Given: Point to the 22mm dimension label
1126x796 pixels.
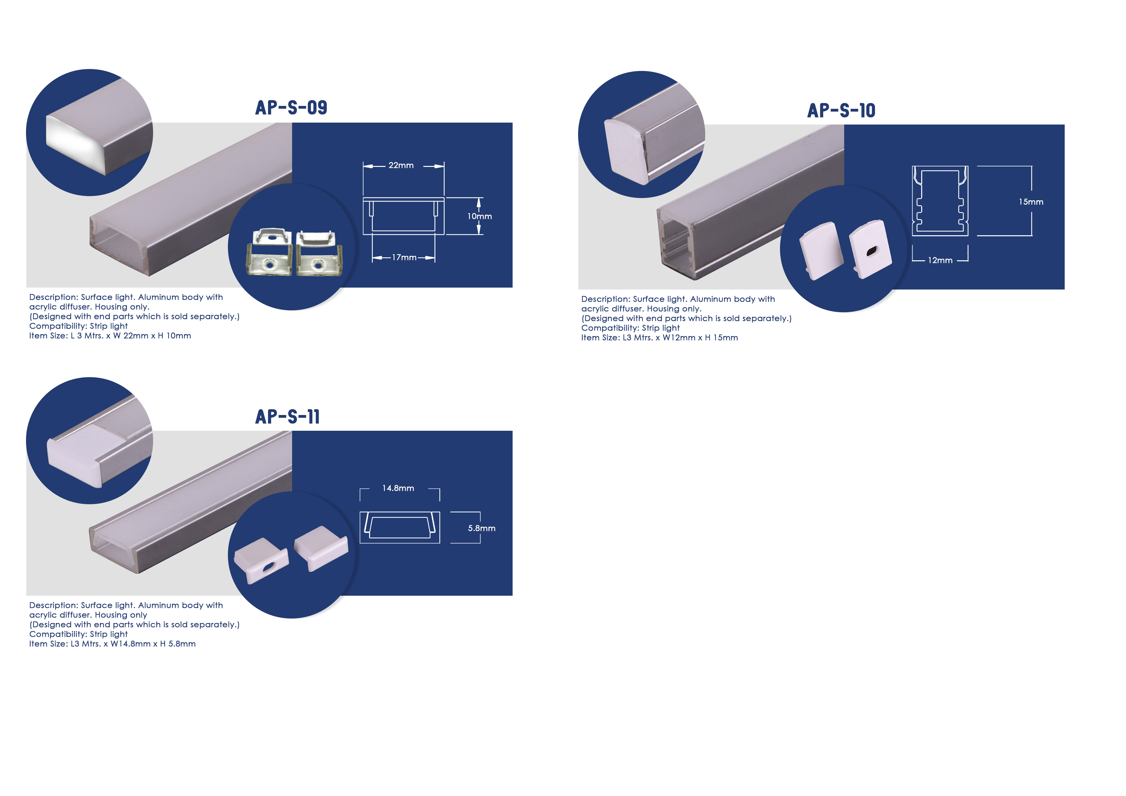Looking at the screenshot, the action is click(401, 165).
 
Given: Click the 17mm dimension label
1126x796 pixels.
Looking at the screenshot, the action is click(404, 257).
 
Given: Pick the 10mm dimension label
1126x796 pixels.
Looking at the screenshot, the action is click(480, 216).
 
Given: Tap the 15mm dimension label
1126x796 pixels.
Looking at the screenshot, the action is click(1031, 202).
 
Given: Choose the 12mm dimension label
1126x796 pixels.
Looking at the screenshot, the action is click(940, 260).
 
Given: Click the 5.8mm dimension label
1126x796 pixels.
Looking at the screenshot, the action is click(481, 528).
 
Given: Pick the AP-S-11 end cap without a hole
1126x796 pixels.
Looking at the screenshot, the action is click(321, 548).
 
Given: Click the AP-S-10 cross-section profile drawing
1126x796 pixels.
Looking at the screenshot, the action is click(940, 201).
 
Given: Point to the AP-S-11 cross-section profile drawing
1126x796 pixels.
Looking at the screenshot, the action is click(400, 527).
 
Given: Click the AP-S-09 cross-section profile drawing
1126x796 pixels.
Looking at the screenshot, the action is click(403, 216).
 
